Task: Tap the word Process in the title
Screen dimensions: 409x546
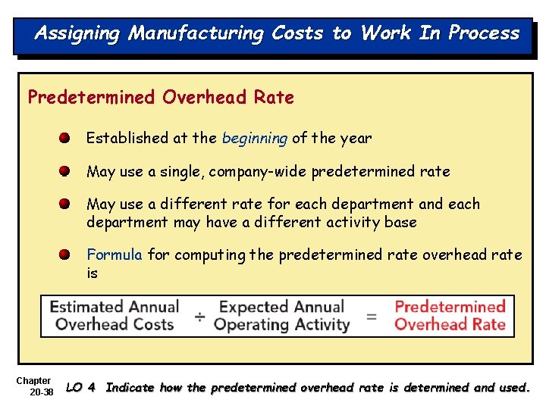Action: [484, 33]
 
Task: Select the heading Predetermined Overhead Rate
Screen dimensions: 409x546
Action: [161, 98]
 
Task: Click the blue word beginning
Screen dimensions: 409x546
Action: [255, 139]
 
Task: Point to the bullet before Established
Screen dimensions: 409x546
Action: [67, 139]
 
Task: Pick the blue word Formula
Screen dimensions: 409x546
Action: [115, 254]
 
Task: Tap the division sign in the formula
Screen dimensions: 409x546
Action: [199, 317]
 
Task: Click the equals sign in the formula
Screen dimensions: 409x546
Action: [372, 317]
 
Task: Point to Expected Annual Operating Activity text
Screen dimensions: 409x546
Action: [281, 317]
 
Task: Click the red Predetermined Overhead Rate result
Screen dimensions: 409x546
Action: [450, 317]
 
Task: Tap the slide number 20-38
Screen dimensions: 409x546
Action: [41, 392]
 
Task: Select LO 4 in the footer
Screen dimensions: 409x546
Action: [81, 388]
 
